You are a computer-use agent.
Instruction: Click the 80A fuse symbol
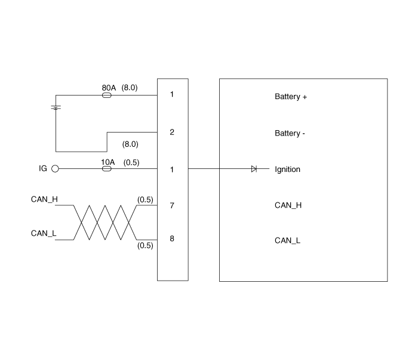click(x=107, y=95)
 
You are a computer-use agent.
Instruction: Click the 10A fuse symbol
click(x=107, y=169)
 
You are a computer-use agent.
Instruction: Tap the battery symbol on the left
click(x=56, y=108)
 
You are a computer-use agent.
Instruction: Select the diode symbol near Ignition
click(x=254, y=169)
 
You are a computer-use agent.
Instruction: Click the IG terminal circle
click(x=56, y=169)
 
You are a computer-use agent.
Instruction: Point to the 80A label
click(x=108, y=87)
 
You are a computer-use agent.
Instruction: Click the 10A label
click(x=107, y=162)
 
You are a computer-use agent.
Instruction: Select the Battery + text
click(x=291, y=97)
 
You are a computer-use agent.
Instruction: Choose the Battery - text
click(x=290, y=133)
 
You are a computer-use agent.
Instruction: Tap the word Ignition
click(x=287, y=170)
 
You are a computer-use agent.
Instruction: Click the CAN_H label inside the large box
click(x=288, y=205)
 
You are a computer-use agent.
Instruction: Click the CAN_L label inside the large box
click(x=287, y=241)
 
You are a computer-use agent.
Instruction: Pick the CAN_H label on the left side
click(x=44, y=199)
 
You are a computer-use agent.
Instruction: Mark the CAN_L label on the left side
click(x=44, y=233)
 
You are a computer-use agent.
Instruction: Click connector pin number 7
click(x=172, y=205)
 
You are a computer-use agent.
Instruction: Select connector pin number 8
click(x=172, y=239)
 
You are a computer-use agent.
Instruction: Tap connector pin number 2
click(x=172, y=132)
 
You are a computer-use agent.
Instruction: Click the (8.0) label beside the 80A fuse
click(x=130, y=87)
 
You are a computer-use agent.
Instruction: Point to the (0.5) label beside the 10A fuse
click(x=131, y=162)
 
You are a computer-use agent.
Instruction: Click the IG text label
click(x=43, y=169)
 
